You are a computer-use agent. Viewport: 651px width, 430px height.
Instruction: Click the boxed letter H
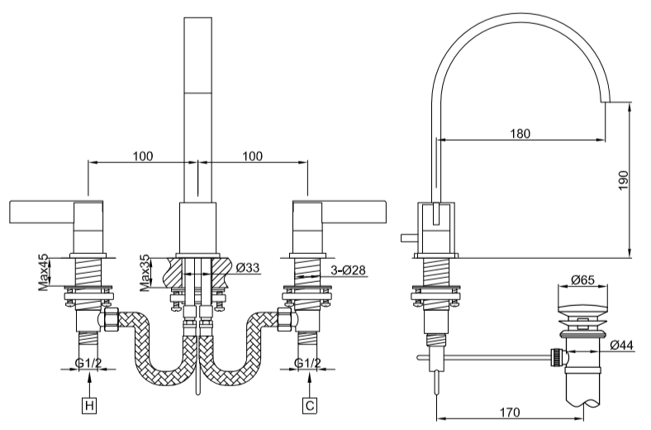coord(88,405)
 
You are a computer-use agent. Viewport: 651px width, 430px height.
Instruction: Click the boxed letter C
coord(309,405)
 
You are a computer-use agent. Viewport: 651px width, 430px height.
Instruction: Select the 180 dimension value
coord(520,133)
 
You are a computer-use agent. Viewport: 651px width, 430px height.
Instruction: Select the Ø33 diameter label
coord(247,268)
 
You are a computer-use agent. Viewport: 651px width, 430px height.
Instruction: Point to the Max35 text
coord(145,273)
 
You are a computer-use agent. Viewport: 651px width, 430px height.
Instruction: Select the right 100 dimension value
coord(253,155)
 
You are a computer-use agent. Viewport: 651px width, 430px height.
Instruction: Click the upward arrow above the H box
coord(88,380)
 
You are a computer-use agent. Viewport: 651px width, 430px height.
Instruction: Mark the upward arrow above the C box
coord(309,380)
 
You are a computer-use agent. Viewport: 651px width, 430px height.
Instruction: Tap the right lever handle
coord(353,211)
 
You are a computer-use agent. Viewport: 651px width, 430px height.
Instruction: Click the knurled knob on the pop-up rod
coord(558,358)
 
